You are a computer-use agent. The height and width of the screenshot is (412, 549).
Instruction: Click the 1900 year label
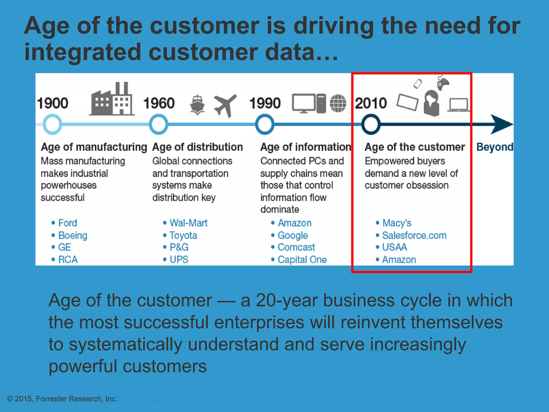[x=53, y=103]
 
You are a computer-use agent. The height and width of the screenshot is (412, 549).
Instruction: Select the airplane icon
[x=225, y=105]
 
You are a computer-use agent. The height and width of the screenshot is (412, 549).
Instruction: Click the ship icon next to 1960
[x=198, y=105]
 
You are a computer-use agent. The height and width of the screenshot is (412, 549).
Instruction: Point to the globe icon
[x=338, y=103]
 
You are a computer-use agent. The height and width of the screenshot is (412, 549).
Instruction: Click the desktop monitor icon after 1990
[x=304, y=103]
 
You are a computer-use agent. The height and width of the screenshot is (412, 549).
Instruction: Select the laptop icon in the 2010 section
[x=458, y=105]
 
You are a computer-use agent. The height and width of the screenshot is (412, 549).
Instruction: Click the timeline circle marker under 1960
[x=158, y=124]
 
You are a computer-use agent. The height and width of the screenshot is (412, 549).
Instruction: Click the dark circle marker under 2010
[x=371, y=124]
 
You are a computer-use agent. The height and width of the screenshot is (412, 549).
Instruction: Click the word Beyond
[x=495, y=147]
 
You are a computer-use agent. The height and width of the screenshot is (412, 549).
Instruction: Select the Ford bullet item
[x=68, y=223]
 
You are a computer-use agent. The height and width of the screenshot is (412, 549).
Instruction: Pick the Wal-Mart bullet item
[x=188, y=223]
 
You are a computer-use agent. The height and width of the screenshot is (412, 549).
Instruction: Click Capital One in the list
[x=302, y=259]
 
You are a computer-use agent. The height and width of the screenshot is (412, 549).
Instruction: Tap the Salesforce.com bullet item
[x=414, y=235]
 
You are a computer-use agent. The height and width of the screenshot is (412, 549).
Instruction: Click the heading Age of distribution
[x=198, y=147]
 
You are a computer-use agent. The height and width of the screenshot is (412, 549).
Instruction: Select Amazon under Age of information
[x=294, y=223]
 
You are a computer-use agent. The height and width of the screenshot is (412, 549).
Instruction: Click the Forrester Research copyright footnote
[x=62, y=399]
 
